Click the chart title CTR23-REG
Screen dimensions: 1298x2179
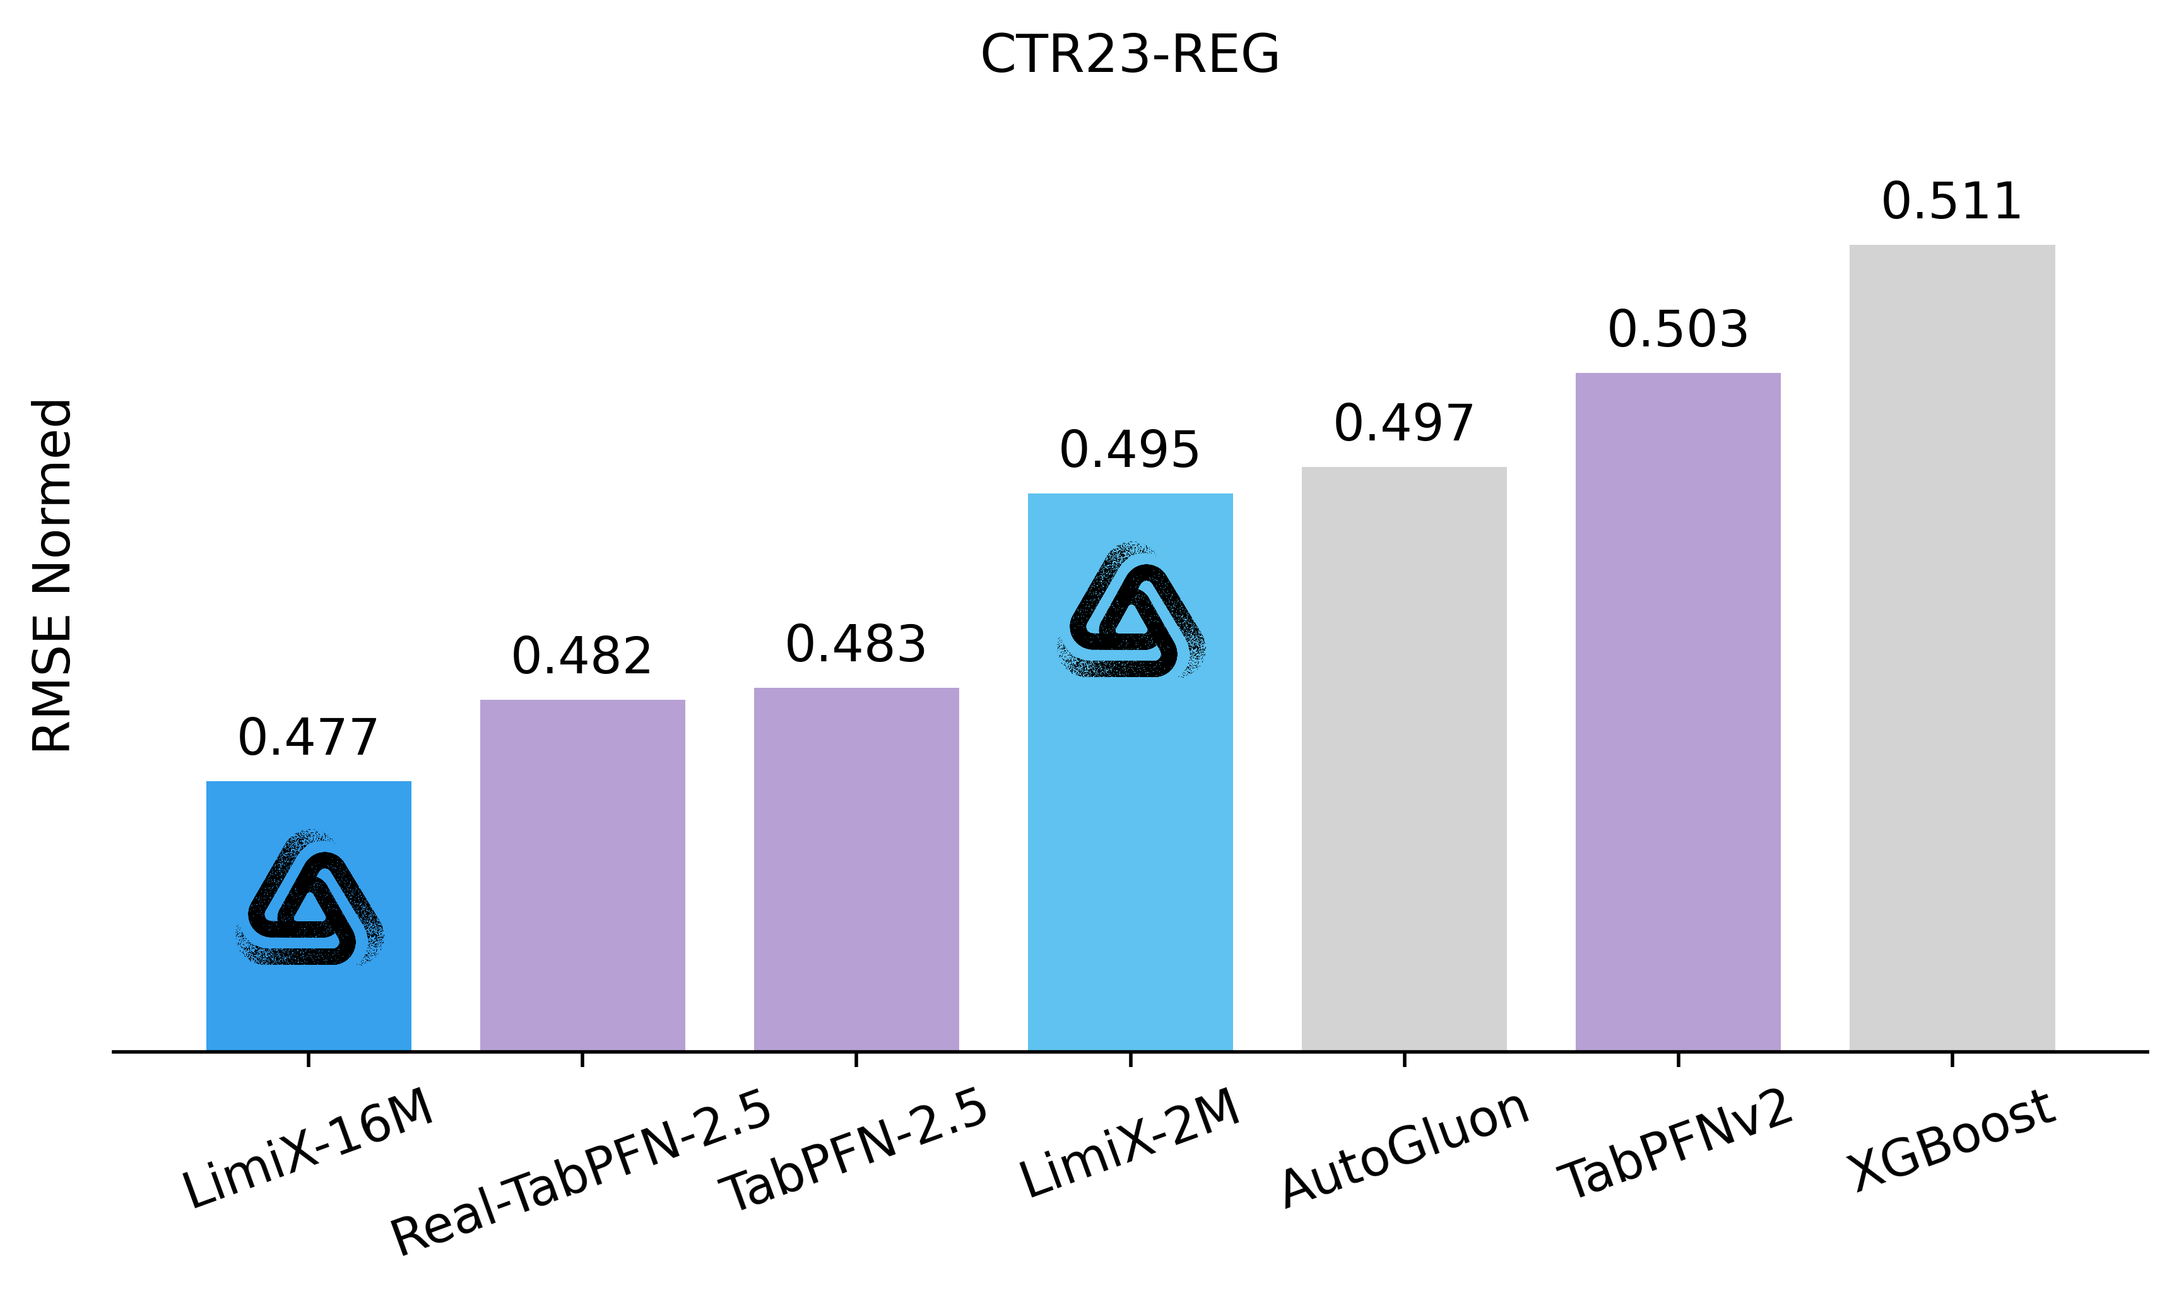coord(1130,54)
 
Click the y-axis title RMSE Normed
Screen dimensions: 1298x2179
coord(52,575)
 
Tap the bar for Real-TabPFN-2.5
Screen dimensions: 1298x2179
coord(582,875)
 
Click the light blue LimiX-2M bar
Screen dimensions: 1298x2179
coord(1130,831)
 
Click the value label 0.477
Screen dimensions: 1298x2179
coord(307,737)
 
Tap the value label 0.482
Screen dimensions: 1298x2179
coord(582,656)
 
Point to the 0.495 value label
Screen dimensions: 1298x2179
coord(1130,451)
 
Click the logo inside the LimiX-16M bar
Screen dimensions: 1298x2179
coord(309,899)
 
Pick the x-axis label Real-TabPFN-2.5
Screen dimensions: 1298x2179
coord(581,1172)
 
